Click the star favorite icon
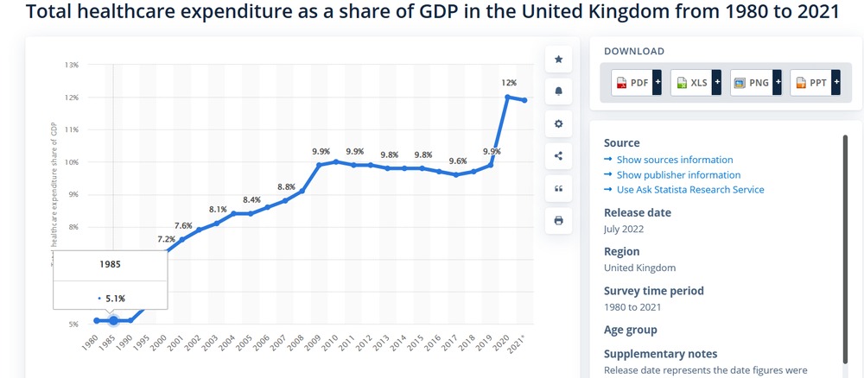(558, 59)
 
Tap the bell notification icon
(558, 91)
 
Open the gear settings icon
(558, 123)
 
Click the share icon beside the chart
(558, 155)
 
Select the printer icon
(558, 220)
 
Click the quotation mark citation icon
(558, 188)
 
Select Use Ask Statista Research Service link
(689, 189)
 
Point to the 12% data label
(509, 83)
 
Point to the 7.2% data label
(166, 239)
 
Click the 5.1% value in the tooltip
(115, 299)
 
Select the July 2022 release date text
(624, 229)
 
